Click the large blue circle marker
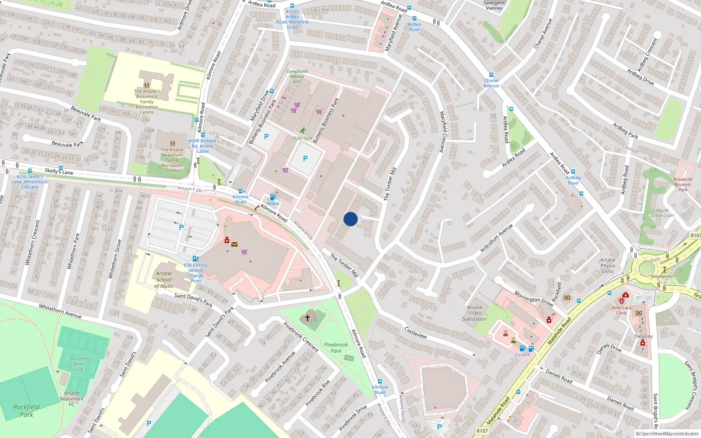click(x=350, y=219)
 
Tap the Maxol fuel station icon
click(x=273, y=197)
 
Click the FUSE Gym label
click(x=302, y=138)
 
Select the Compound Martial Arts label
click(x=297, y=76)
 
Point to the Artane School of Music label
click(x=164, y=279)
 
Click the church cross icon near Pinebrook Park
click(x=308, y=318)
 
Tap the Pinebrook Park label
click(x=336, y=348)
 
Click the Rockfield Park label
click(x=26, y=410)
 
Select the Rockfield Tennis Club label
click(x=79, y=364)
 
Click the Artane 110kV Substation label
click(x=474, y=313)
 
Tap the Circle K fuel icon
click(x=522, y=349)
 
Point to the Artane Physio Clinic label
click(x=608, y=265)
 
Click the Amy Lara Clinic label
click(x=621, y=310)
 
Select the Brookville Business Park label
click(x=683, y=184)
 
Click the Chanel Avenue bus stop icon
click(x=491, y=75)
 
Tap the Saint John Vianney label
click(x=494, y=5)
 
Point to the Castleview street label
click(x=415, y=332)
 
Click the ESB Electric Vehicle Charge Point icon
click(x=195, y=258)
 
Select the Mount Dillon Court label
click(x=662, y=213)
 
